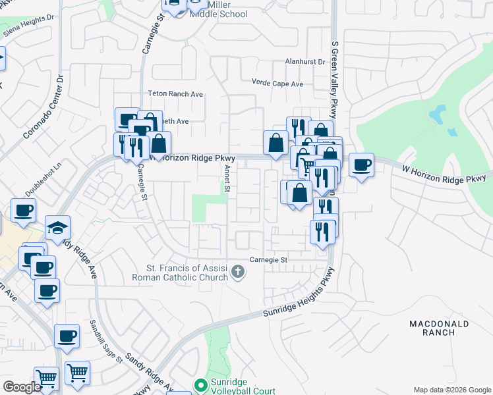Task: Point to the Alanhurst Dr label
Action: [305, 62]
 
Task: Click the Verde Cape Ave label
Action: [277, 84]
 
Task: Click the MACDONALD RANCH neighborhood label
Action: [439, 328]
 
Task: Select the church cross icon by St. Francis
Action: [239, 271]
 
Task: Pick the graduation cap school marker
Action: [57, 228]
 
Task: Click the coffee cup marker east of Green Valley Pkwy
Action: [361, 165]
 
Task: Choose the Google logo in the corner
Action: [22, 386]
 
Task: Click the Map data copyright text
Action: [451, 390]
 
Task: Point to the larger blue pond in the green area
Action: [436, 115]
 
